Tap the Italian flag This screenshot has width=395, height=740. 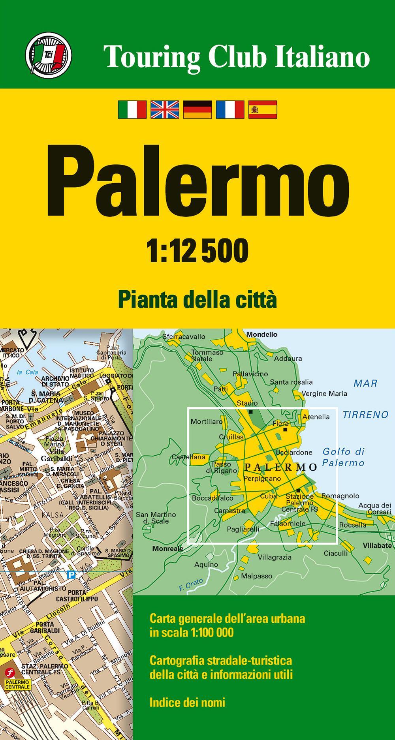point(132,109)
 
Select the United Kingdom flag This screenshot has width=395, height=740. point(165,109)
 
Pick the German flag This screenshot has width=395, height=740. point(197,109)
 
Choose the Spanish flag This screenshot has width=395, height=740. point(263,109)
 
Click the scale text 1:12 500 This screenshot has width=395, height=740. point(197,250)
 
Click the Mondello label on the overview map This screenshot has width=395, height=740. point(262,334)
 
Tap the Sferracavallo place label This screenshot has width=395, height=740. point(184,337)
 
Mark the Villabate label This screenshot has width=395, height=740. point(378,546)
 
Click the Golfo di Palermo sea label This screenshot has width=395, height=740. point(343,457)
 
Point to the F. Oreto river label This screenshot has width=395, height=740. point(191,584)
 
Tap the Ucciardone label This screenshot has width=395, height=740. point(294,453)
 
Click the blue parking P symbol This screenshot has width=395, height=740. point(71,575)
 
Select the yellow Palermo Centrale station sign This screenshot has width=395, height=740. point(17,684)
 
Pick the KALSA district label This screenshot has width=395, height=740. point(53,515)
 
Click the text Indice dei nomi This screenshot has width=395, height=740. point(188,702)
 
